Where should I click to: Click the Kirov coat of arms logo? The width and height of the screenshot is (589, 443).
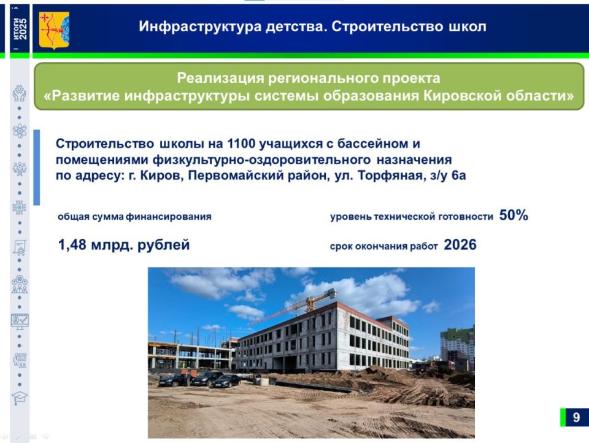[54, 30]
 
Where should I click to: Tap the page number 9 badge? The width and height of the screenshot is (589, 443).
[576, 418]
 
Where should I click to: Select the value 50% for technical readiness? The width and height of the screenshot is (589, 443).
[514, 216]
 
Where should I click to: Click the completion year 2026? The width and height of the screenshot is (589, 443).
[460, 245]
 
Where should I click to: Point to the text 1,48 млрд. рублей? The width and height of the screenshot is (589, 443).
[123, 245]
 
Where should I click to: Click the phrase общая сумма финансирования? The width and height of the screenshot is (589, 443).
[134, 217]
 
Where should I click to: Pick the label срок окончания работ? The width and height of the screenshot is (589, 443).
[383, 247]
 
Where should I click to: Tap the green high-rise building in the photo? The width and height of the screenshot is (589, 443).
[457, 347]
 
